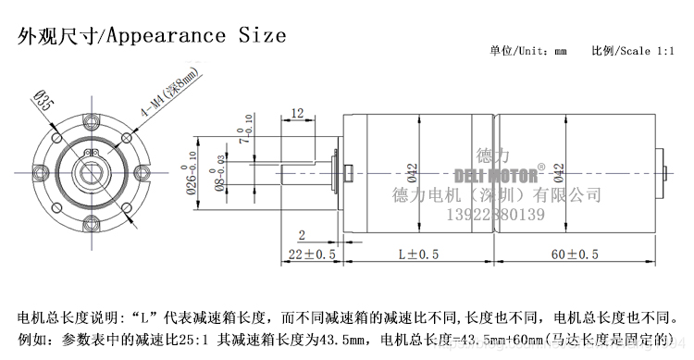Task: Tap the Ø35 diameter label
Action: (42, 98)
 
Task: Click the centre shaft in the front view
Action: (91, 170)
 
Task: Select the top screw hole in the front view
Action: (92, 118)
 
